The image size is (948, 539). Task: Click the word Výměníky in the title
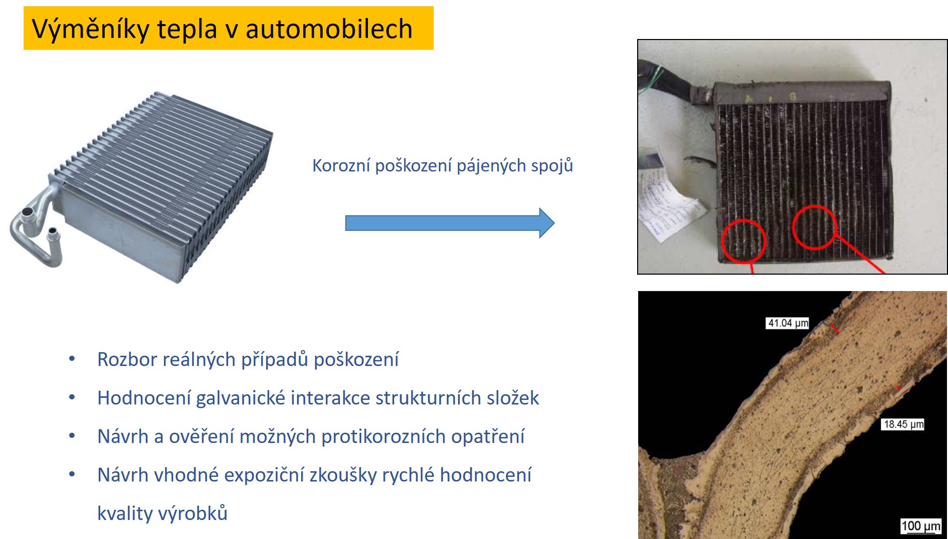[x=90, y=29]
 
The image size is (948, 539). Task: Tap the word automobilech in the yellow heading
[x=329, y=29]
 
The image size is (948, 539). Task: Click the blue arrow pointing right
[x=450, y=223]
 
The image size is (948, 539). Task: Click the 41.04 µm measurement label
[x=788, y=323]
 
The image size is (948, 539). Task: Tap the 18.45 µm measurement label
[x=903, y=424]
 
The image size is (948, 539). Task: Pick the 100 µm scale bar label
[x=921, y=526]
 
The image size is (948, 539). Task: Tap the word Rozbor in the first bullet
[x=127, y=359]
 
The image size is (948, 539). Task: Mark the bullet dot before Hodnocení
[x=72, y=397]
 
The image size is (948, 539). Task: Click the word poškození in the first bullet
[x=356, y=359]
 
